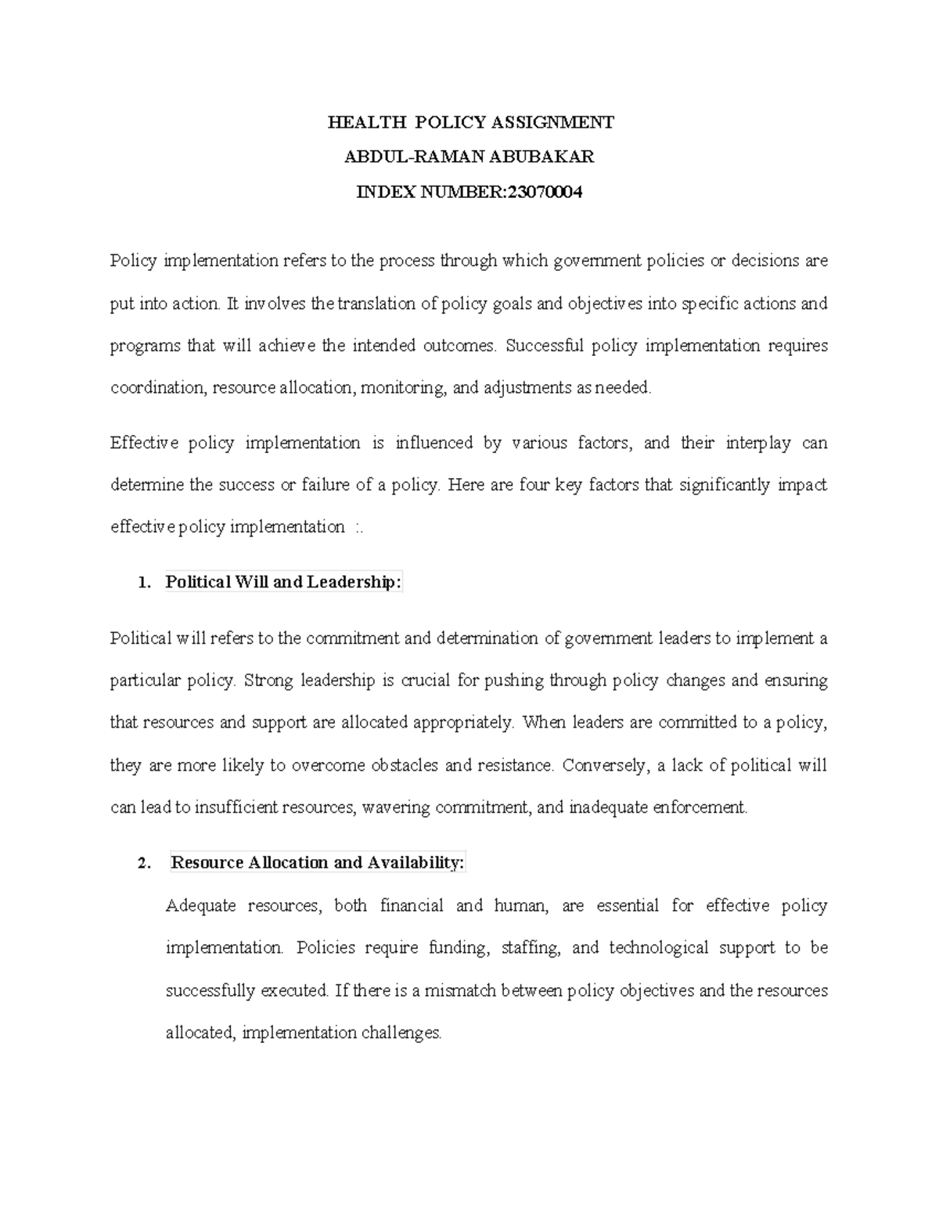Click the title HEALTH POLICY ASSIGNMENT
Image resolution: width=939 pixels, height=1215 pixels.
click(x=470, y=122)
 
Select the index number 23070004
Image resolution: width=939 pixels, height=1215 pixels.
click(x=545, y=192)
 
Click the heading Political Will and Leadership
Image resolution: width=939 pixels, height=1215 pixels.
click(x=283, y=582)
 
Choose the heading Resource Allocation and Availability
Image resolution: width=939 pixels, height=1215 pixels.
click(x=317, y=863)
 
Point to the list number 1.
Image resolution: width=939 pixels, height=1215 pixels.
click(x=142, y=582)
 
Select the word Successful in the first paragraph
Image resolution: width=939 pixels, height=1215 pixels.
click(x=545, y=346)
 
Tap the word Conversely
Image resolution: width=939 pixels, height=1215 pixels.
click(x=606, y=765)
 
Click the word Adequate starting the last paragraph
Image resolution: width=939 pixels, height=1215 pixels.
click(x=201, y=906)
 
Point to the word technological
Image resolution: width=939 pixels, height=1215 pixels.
click(x=658, y=948)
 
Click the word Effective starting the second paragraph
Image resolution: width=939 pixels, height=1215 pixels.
click(x=139, y=443)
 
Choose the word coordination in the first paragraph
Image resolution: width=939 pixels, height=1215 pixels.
click(x=156, y=388)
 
